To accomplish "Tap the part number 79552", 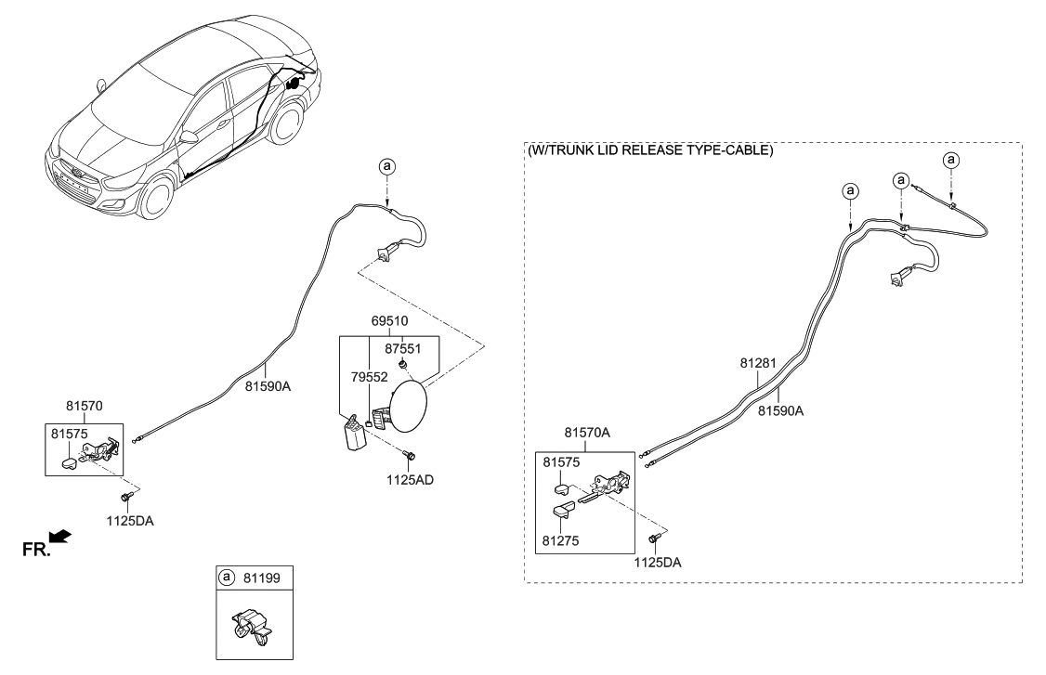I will (x=369, y=378).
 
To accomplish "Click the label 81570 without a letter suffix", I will (x=85, y=405).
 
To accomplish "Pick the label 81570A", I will (x=588, y=433).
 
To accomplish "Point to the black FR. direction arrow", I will (x=59, y=536).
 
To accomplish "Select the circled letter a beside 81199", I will (x=226, y=578).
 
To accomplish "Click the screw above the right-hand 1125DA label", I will (x=654, y=539).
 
